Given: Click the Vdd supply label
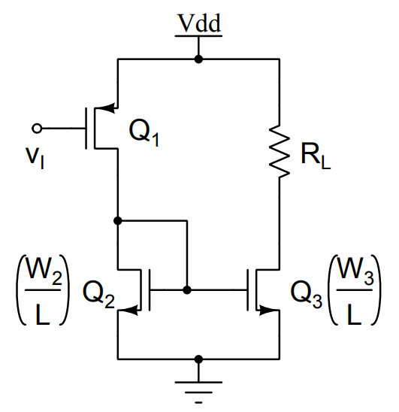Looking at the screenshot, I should pyautogui.click(x=198, y=24).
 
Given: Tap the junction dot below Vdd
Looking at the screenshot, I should pyautogui.click(x=198, y=59).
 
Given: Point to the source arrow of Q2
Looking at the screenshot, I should pyautogui.click(x=134, y=307).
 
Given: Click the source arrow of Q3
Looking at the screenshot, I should pyautogui.click(x=262, y=307).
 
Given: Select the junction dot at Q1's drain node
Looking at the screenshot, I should pyautogui.click(x=118, y=221).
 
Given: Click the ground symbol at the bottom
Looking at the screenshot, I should pyautogui.click(x=198, y=387).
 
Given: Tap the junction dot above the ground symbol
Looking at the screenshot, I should pyautogui.click(x=198, y=359).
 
